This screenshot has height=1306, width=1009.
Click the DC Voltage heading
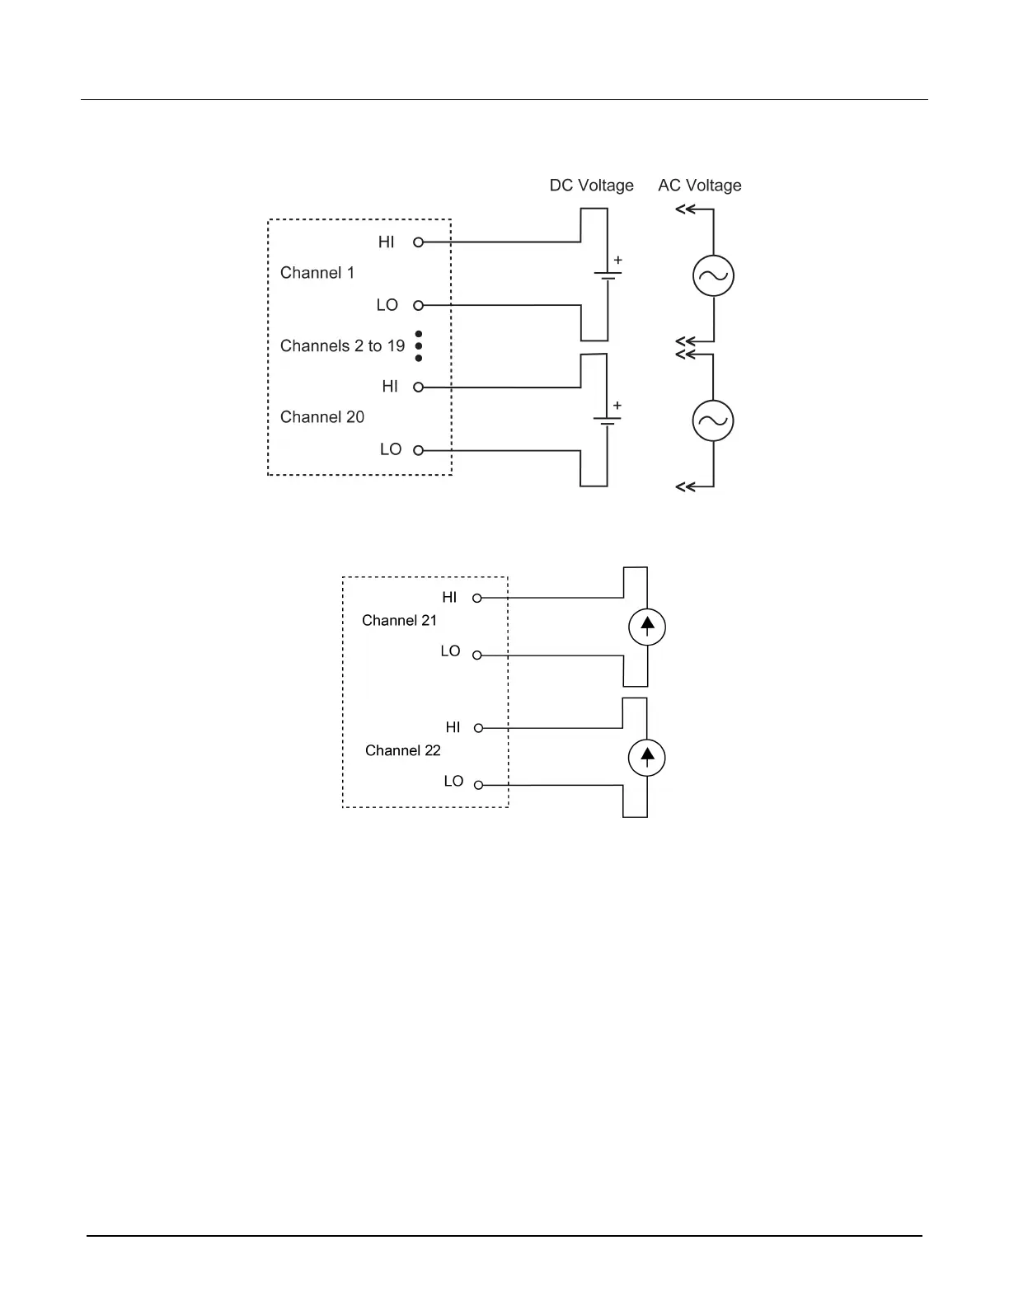591,186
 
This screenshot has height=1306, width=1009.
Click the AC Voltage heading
699,186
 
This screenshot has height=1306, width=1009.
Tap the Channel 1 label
317,273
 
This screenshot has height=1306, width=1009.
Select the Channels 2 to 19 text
342,345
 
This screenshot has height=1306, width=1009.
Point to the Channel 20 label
321,417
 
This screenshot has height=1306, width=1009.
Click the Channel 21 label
399,621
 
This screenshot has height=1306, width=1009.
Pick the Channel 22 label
402,750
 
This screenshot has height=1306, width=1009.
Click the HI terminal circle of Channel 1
418,242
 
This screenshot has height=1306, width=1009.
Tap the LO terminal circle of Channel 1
418,305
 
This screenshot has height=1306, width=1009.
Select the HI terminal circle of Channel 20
418,387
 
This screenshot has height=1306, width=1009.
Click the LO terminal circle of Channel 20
418,450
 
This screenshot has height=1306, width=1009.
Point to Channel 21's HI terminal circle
476,598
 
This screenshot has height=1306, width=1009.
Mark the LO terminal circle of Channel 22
478,785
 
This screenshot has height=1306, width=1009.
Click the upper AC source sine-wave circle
713,276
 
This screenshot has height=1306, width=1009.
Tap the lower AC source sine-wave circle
713,421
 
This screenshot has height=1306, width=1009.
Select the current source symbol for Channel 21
647,627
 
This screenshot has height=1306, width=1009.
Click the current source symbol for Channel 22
647,758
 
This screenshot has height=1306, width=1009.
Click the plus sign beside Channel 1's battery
617,261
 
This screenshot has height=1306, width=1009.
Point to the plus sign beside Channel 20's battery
617,406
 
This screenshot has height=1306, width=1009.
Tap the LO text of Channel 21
450,651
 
